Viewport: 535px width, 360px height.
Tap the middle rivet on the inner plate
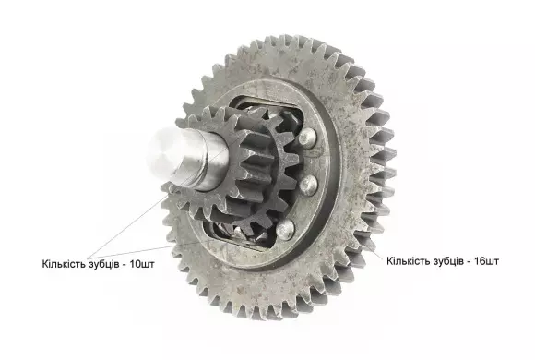[308, 186]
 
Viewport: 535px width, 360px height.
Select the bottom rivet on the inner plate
[285, 229]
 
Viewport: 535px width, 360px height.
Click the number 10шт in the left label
[142, 264]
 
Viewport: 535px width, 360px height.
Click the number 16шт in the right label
[486, 261]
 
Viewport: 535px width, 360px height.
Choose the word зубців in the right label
[448, 261]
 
